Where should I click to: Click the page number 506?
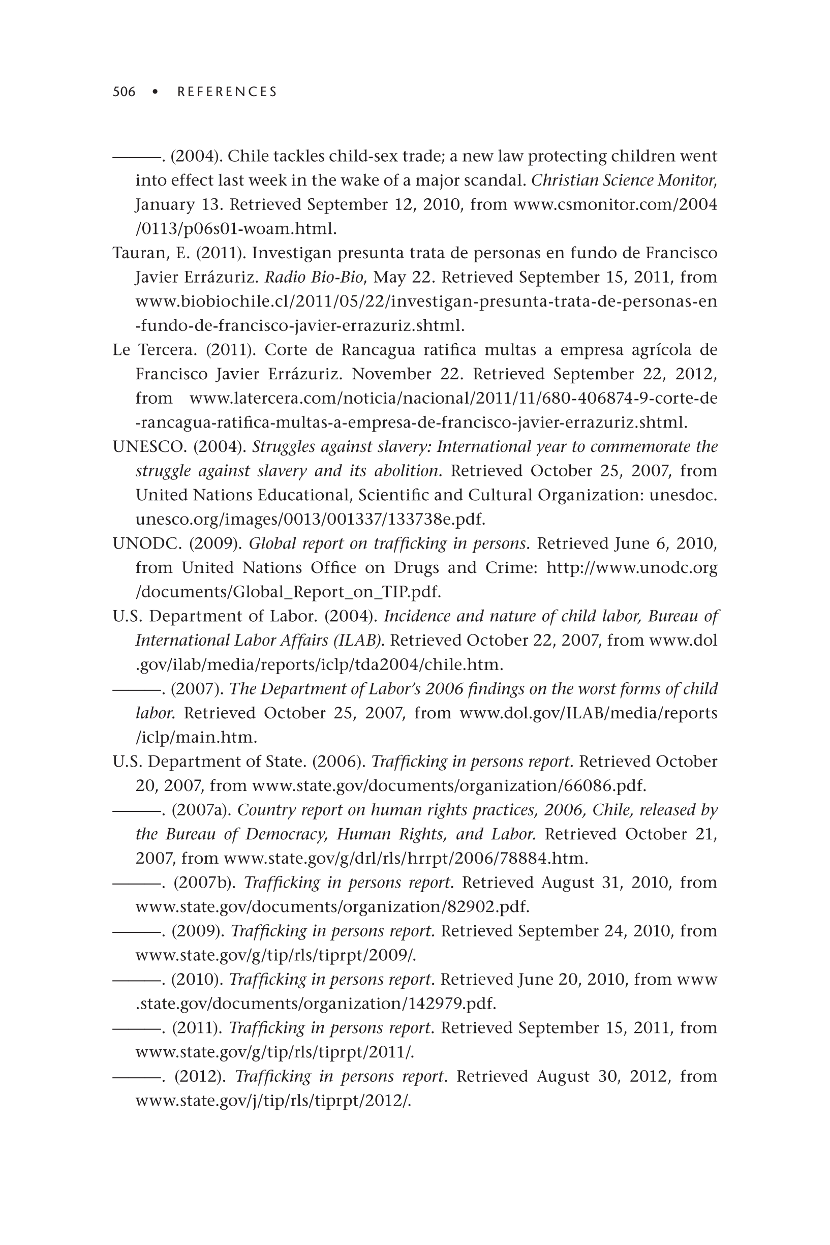point(124,92)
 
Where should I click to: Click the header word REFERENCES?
point(227,92)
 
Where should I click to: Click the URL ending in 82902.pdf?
point(332,907)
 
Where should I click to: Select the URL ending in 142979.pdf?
point(316,1004)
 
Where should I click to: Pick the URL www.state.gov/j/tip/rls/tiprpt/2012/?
point(273,1101)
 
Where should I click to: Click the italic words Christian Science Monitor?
point(624,180)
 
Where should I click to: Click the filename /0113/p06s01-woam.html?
point(236,229)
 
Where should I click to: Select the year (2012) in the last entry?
point(200,1077)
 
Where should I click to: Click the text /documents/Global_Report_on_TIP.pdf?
point(288,592)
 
